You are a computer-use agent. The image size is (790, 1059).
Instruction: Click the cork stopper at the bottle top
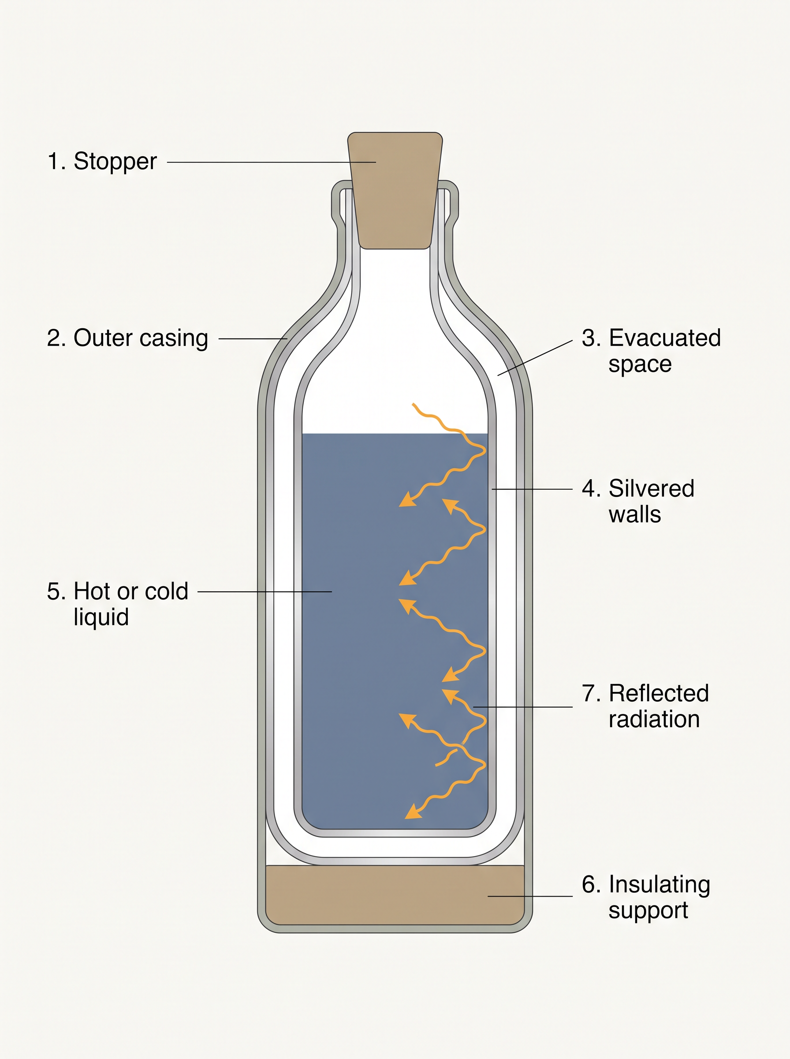[x=395, y=191]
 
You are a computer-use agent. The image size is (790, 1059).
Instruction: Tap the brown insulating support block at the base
[x=395, y=895]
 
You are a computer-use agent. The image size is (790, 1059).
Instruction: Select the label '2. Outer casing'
[x=127, y=339]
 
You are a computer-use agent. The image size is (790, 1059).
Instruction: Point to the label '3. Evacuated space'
[x=651, y=351]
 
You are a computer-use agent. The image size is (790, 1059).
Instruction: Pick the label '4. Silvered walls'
[x=638, y=501]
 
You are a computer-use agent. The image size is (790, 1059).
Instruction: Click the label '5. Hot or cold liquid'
[x=118, y=604]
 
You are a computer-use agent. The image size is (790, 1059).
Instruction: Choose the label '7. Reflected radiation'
[x=645, y=706]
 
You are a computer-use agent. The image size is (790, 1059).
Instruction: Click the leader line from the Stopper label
[x=271, y=162]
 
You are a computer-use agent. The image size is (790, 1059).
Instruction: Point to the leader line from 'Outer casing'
[x=253, y=339]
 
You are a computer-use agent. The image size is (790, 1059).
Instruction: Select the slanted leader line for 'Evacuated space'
[x=535, y=358]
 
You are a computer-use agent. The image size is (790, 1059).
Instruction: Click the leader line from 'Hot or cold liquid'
[x=265, y=592]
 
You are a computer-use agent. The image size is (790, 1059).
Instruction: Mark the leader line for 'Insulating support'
[x=530, y=896]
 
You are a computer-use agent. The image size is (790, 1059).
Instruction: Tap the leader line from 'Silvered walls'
[x=532, y=489]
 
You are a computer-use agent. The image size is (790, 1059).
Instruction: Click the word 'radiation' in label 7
[x=654, y=719]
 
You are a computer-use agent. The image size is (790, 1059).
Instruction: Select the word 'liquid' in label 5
[x=101, y=617]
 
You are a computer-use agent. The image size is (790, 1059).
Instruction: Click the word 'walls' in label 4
[x=634, y=514]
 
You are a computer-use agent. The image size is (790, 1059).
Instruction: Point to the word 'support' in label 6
[x=648, y=911]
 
